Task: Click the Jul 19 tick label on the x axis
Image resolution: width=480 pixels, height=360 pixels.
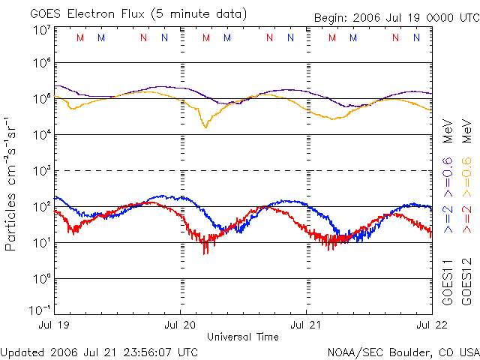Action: point(54,325)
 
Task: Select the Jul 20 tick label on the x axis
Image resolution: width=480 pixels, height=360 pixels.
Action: point(181,325)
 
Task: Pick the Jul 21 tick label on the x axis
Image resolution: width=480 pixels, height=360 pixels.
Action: point(306,325)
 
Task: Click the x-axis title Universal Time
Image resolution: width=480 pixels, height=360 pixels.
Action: point(243,336)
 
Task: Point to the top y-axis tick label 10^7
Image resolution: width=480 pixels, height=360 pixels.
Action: point(41,29)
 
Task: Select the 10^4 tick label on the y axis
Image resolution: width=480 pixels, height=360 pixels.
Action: point(41,134)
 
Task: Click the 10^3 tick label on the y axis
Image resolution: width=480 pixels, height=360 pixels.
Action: point(41,170)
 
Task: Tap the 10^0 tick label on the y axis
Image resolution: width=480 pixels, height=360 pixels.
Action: point(41,278)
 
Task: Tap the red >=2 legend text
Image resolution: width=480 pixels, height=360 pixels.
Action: point(465,217)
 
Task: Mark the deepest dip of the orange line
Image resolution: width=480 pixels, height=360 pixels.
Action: point(205,127)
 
